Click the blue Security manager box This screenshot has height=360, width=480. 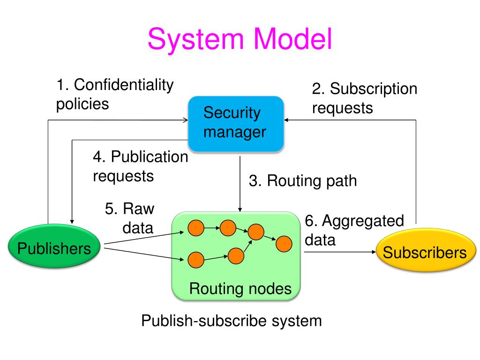236,124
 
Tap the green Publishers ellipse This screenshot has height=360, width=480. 54,247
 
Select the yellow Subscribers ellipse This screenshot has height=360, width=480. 426,250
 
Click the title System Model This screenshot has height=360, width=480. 240,39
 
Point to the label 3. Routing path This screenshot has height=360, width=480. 303,180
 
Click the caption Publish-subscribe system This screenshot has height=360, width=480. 232,321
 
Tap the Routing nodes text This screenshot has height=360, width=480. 240,288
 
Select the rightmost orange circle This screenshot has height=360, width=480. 284,244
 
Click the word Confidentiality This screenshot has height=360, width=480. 124,85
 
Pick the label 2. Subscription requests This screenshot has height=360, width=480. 364,98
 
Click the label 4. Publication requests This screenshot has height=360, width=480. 140,166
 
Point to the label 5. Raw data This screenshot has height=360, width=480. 129,218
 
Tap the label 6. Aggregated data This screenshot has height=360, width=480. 354,230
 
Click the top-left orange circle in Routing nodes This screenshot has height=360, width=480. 196,228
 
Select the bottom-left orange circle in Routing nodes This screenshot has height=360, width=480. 195,260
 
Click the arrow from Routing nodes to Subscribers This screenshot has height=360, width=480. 340,252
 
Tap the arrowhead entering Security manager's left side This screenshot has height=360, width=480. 186,120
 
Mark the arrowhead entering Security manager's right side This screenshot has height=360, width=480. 286,120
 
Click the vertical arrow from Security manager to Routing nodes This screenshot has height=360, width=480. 240,184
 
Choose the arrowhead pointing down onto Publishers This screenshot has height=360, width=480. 72,221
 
